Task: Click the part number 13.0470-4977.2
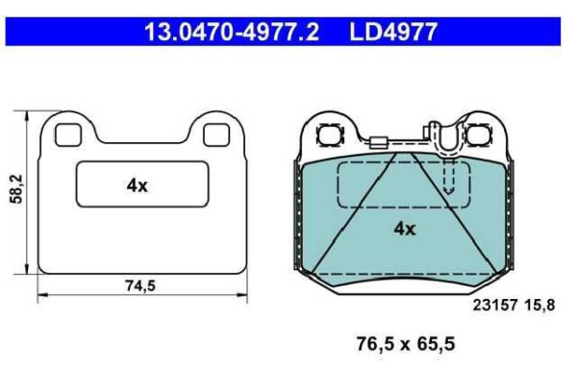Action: tap(232, 32)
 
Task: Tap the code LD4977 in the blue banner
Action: tap(393, 32)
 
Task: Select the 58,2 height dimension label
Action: tap(16, 189)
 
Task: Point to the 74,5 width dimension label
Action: tap(140, 285)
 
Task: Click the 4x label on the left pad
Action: tap(137, 185)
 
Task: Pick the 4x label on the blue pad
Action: tap(405, 229)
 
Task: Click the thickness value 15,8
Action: tap(539, 306)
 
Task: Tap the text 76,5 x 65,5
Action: tap(406, 344)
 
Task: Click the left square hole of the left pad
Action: tap(68, 135)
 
